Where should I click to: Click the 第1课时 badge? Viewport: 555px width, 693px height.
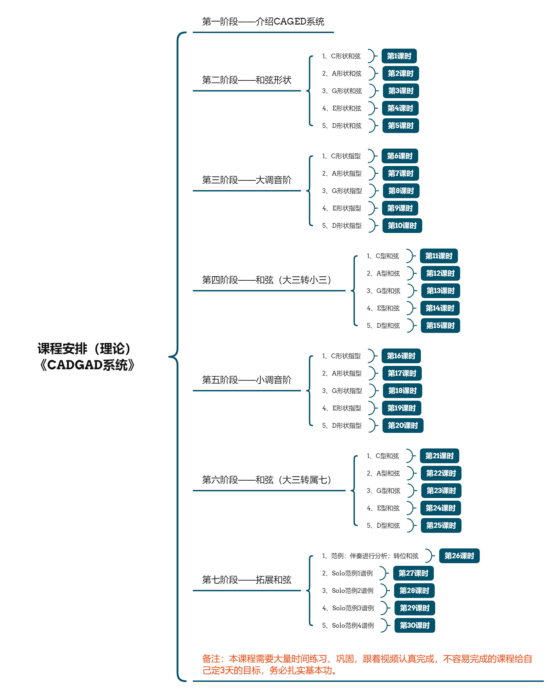(399, 56)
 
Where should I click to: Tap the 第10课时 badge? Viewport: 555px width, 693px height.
(402, 225)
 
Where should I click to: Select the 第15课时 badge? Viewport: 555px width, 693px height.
(440, 325)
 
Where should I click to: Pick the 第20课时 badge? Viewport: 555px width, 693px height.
(403, 425)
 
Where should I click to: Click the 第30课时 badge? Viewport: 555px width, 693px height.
(414, 625)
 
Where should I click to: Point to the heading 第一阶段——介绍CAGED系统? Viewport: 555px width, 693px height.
(263, 22)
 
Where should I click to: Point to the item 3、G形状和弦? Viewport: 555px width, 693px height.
(342, 91)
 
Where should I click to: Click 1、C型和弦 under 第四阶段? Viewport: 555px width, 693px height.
(383, 256)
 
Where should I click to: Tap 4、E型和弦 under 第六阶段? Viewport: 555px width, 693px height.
(383, 508)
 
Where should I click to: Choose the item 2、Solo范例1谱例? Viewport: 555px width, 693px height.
(347, 573)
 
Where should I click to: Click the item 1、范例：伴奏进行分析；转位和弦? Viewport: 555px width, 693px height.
(370, 556)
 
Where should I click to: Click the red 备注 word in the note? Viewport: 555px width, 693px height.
(211, 659)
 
